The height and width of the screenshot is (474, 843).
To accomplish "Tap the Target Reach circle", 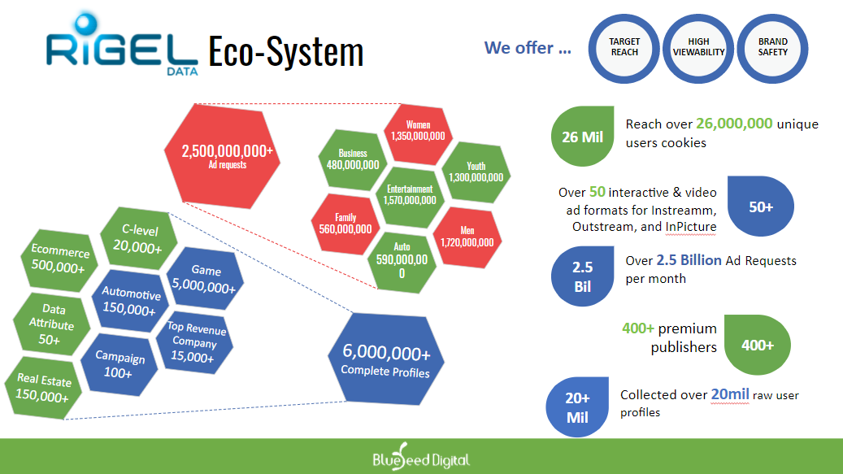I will coord(624,47).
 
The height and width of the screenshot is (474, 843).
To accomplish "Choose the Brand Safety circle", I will coord(772,47).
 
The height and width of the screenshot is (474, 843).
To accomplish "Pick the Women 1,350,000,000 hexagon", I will coord(418,131).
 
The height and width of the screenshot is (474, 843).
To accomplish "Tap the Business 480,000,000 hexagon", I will coord(353,159).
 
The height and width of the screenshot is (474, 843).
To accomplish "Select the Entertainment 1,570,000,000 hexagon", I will coord(410,194).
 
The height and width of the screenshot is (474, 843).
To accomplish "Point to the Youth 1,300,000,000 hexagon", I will coord(476,172).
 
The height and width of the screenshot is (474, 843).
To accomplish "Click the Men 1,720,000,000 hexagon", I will coord(467,237).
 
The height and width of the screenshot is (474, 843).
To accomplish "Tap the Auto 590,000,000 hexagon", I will coord(402,259).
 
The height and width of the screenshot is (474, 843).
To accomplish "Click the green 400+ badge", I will coord(757,345).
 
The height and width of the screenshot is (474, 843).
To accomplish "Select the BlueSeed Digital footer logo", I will coord(421,459).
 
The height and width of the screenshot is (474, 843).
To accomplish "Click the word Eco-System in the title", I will coord(285,52).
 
